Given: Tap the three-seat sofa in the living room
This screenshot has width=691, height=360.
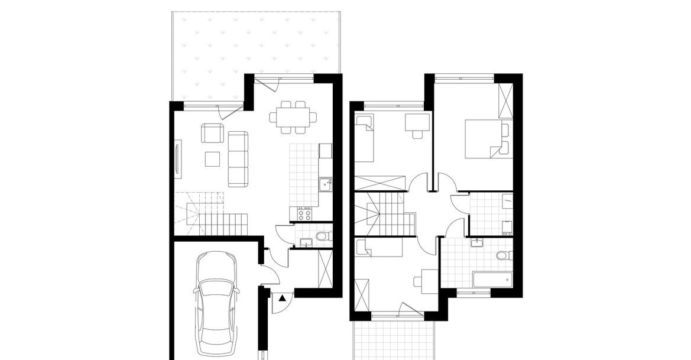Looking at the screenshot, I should (x=238, y=158).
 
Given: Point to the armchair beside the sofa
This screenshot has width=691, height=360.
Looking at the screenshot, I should (x=212, y=133).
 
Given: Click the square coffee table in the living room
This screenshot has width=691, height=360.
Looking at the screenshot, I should (x=212, y=159).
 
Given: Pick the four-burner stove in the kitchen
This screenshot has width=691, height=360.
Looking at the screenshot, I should (x=305, y=212).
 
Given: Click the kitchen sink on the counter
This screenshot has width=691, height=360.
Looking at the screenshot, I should (x=325, y=186).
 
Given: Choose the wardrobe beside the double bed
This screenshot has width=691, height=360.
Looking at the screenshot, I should (x=506, y=102).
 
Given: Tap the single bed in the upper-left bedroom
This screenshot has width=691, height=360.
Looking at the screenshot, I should (x=365, y=139).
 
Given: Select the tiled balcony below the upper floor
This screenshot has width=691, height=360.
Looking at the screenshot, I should (x=392, y=340).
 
